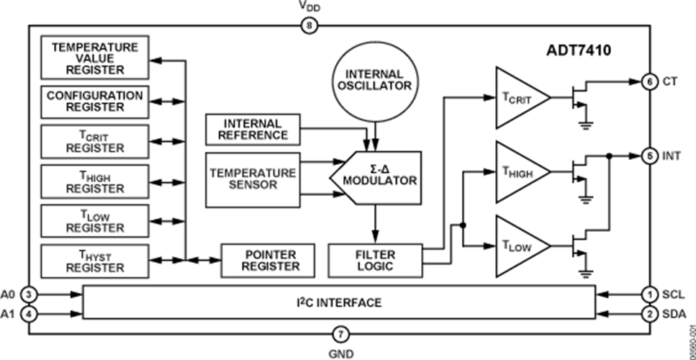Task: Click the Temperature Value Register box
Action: pyautogui.click(x=94, y=58)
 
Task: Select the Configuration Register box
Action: pyautogui.click(x=94, y=101)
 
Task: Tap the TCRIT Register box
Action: pyautogui.click(x=94, y=141)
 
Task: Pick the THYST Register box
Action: pyautogui.click(x=94, y=261)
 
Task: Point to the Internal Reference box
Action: pyautogui.click(x=252, y=129)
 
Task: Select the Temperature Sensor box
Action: pyautogui.click(x=252, y=178)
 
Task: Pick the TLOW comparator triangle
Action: pyautogui.click(x=520, y=245)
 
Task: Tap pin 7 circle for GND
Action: pyautogui.click(x=341, y=333)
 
